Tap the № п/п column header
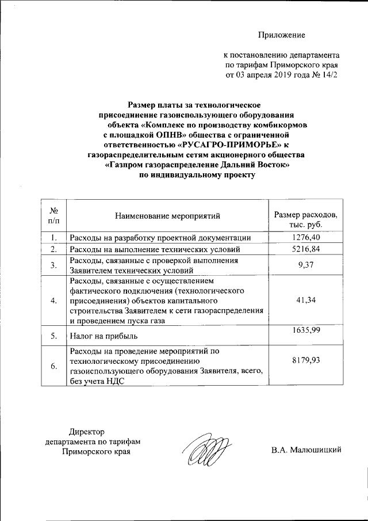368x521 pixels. [x=53, y=216]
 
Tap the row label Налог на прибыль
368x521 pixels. [x=98, y=336]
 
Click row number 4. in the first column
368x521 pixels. [x=53, y=301]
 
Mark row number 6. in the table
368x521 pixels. [x=53, y=366]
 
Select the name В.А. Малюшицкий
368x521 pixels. [x=307, y=450]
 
